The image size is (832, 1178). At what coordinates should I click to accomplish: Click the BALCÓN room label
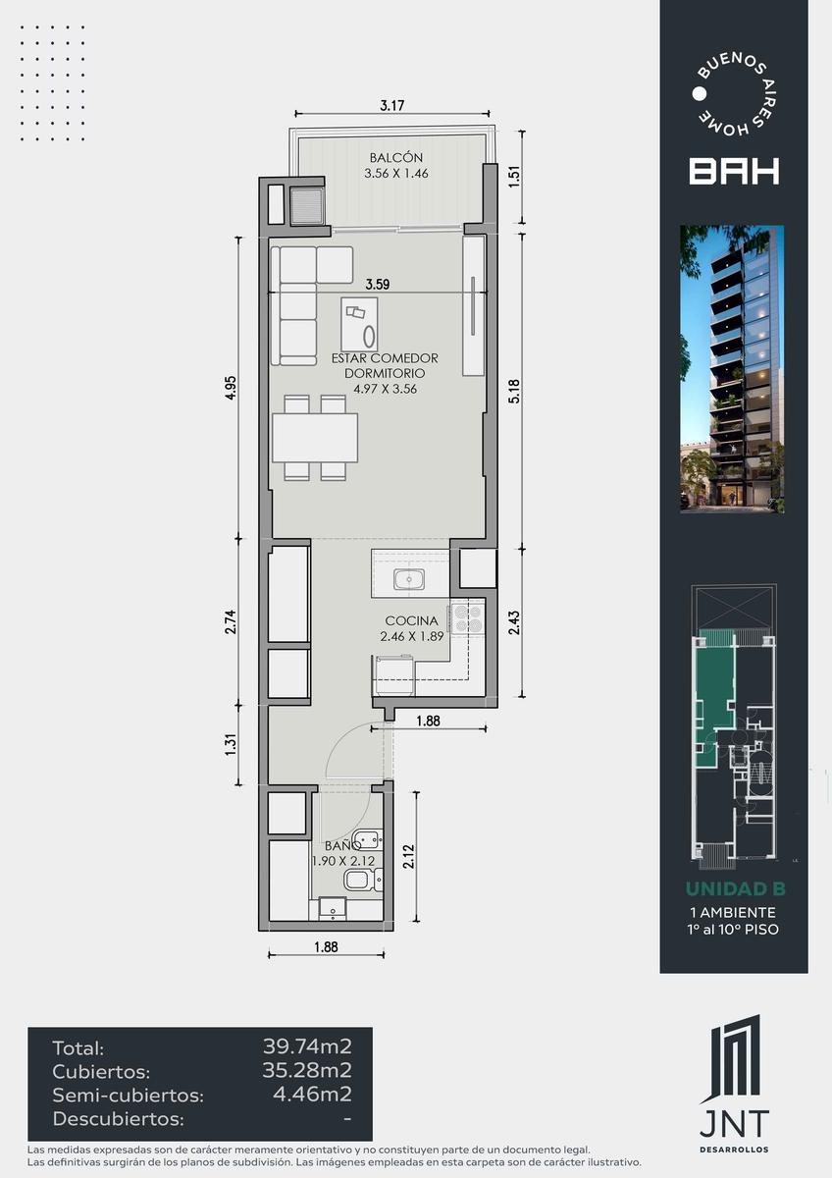(x=395, y=157)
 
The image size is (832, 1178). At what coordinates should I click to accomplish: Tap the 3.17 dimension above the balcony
(x=392, y=106)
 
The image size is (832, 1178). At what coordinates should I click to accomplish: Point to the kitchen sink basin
(x=409, y=579)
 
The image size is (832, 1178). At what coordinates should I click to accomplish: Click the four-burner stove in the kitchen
(x=467, y=618)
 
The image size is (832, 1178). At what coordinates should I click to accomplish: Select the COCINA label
(x=411, y=620)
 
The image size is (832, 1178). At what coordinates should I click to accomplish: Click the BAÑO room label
(x=342, y=845)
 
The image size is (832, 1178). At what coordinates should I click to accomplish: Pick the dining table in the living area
(x=315, y=438)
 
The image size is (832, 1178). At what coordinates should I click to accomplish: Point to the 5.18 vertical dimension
(x=514, y=392)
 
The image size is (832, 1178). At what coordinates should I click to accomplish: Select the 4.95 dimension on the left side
(x=231, y=388)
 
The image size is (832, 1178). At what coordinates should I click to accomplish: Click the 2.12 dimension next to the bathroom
(x=409, y=857)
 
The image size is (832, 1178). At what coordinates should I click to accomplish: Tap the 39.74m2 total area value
(x=307, y=1046)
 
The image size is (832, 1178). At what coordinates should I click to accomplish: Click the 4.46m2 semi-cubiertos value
(x=312, y=1095)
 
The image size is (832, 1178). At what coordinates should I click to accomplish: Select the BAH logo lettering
(x=734, y=172)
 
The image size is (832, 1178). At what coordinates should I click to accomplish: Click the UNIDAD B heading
(x=735, y=888)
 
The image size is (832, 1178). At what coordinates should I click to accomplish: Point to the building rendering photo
(x=732, y=369)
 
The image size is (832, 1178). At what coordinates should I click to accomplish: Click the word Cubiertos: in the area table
(x=101, y=1072)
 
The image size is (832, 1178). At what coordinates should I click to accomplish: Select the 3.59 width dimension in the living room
(x=378, y=285)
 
